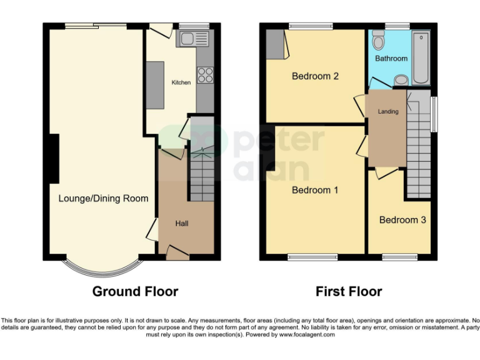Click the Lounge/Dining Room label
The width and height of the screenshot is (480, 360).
[x=103, y=198]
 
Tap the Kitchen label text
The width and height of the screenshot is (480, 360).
[x=181, y=82]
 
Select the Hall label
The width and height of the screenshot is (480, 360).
[x=182, y=223]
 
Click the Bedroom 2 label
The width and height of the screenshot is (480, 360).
[x=315, y=76]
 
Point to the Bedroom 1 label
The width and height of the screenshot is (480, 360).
[x=315, y=190]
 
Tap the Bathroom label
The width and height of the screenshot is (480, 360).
[x=391, y=58]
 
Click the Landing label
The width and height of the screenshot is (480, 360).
[x=388, y=111]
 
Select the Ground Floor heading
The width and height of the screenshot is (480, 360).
[x=135, y=291]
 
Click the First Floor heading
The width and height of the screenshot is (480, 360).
[x=349, y=291]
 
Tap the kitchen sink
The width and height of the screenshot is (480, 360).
[x=188, y=40]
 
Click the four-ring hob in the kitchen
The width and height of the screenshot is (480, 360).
[x=204, y=75]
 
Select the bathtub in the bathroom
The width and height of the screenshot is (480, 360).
[x=420, y=59]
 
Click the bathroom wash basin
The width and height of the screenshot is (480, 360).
[x=402, y=80]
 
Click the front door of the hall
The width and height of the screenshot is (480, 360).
[x=177, y=252]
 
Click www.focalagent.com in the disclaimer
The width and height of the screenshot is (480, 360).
[x=306, y=334]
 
